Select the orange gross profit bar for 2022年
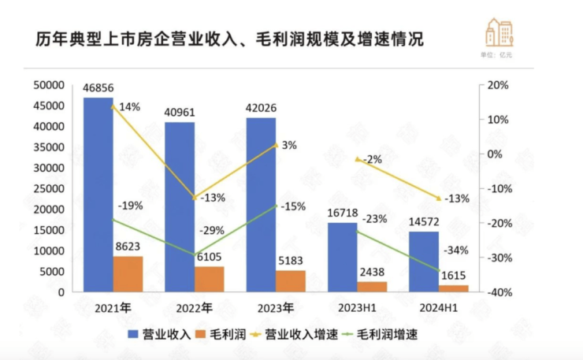pyautogui.click(x=210, y=279)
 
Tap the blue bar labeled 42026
pyautogui.click(x=261, y=205)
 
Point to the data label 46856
pyautogui.click(x=98, y=89)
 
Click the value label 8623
pyautogui.click(x=128, y=247)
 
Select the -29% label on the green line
pyautogui.click(x=213, y=231)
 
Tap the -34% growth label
pyautogui.click(x=456, y=251)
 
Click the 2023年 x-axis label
pyautogui.click(x=275, y=307)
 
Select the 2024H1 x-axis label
pyautogui.click(x=439, y=307)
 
